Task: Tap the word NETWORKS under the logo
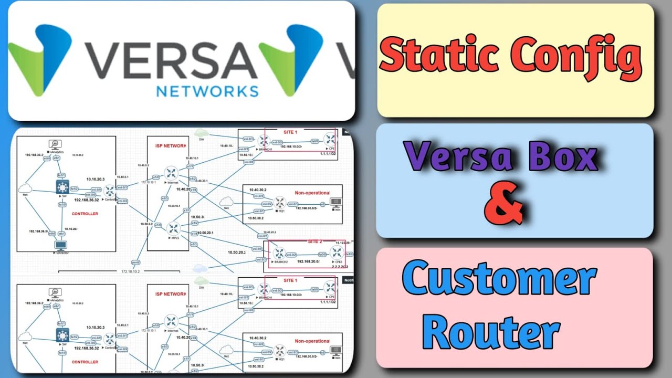(207, 91)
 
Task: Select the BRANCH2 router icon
(279, 253)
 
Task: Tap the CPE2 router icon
(335, 253)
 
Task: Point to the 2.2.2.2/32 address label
(338, 267)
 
